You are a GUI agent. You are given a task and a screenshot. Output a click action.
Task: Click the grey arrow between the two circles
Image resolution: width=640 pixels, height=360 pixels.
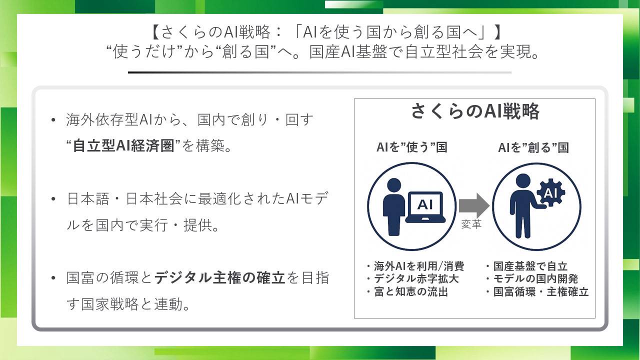click(474, 205)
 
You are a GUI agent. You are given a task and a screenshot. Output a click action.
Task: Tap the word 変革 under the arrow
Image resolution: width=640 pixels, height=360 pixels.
click(471, 224)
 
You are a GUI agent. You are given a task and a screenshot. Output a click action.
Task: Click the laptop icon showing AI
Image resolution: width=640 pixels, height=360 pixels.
click(425, 207)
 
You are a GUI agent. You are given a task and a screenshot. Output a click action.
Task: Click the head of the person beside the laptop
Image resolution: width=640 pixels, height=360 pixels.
click(394, 185)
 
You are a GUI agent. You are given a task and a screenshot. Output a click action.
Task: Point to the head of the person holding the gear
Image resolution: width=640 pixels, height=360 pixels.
click(523, 181)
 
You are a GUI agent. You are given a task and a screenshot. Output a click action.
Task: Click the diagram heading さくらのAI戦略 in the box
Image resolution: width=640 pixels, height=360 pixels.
click(475, 111)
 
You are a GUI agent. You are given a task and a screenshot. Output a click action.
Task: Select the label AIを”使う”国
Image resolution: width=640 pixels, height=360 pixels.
click(411, 147)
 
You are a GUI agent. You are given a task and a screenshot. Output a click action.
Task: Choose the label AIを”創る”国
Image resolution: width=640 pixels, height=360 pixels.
click(533, 147)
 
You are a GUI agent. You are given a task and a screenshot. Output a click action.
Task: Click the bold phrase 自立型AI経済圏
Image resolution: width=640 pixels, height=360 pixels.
click(123, 145)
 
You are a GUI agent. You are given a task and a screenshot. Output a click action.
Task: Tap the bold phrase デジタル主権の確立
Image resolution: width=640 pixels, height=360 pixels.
click(219, 277)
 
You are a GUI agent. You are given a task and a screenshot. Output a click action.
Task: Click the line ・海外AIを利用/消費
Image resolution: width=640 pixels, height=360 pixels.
click(415, 266)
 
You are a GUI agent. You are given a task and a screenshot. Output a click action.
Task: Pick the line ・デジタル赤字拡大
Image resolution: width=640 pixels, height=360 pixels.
click(412, 279)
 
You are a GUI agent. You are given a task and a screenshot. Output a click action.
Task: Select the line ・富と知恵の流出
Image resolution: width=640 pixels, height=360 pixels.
click(407, 291)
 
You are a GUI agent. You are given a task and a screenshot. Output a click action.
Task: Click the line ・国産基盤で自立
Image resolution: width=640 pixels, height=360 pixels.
click(526, 266)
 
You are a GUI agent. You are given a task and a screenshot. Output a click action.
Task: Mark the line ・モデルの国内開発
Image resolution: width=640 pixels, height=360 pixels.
click(532, 279)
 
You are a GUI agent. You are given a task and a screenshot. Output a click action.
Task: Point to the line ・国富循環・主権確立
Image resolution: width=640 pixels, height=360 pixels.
click(537, 291)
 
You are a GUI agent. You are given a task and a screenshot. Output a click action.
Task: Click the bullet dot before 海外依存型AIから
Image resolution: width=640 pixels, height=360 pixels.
click(53, 120)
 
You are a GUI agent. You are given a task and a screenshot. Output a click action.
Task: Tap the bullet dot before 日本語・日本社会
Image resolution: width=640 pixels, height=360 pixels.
click(53, 199)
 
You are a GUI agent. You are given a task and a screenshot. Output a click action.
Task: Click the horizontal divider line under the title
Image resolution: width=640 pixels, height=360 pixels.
click(319, 72)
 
